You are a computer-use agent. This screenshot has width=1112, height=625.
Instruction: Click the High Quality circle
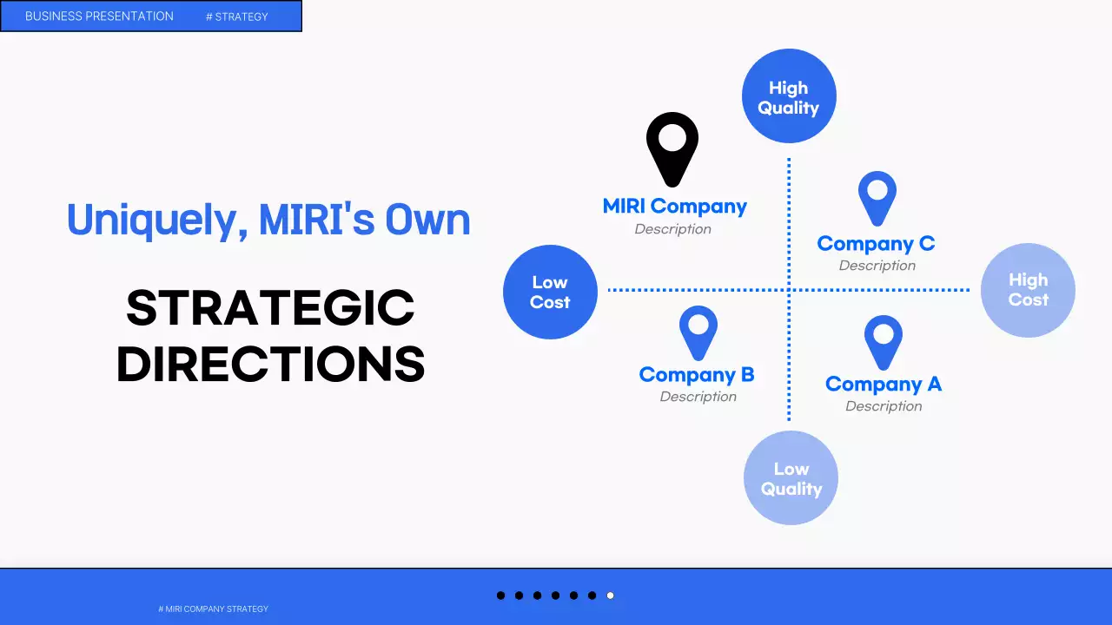tap(789, 95)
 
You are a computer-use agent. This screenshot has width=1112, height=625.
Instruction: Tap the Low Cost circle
tap(550, 292)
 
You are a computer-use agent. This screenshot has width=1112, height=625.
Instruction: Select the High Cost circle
tap(1028, 290)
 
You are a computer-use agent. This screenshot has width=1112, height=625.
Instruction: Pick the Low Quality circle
tap(791, 477)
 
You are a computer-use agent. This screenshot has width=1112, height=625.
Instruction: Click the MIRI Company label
tap(675, 207)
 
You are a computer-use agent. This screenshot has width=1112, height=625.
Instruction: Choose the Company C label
tap(877, 244)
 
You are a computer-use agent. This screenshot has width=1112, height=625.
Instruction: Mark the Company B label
tap(697, 374)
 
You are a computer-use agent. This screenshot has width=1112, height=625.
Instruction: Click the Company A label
tap(884, 384)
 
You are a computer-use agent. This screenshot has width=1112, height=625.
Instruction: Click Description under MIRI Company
tap(672, 229)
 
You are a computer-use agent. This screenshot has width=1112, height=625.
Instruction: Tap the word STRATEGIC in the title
tap(270, 308)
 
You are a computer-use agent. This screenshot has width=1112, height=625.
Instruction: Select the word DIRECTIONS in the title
tap(270, 364)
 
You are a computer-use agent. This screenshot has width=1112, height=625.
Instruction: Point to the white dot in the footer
tap(610, 595)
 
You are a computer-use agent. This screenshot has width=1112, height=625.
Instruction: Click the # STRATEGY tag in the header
tap(237, 16)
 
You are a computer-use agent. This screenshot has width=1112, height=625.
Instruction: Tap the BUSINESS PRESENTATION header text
tap(99, 16)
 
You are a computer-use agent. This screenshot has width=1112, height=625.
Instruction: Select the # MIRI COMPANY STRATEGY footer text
tap(213, 609)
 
